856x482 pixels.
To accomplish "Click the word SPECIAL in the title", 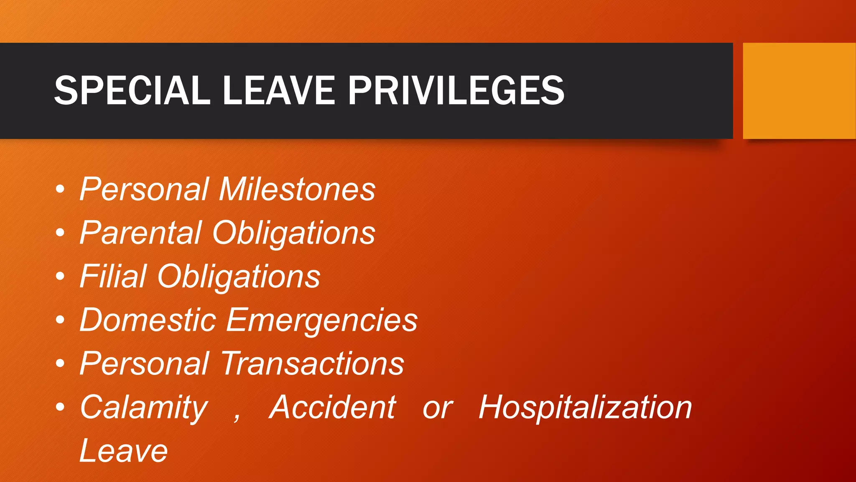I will [132, 90].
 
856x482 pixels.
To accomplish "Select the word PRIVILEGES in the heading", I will [456, 90].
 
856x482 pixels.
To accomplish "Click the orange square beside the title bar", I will [799, 90].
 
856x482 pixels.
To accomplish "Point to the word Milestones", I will [297, 189].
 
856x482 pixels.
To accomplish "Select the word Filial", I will [113, 276].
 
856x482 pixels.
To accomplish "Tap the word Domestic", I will [148, 320].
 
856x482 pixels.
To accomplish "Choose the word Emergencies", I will [322, 320].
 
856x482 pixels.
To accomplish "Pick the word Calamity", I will [144, 408].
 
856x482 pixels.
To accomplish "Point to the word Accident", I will [332, 408].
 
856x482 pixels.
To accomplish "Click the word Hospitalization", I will [585, 408].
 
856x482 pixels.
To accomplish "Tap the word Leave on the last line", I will [124, 451].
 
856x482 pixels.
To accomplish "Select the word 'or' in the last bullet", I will [437, 408].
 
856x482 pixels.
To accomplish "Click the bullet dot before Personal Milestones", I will [60, 189].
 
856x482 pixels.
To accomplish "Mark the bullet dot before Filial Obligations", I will [60, 276].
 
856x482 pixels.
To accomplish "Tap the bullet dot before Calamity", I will [60, 407].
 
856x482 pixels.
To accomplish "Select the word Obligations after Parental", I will [294, 233].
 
